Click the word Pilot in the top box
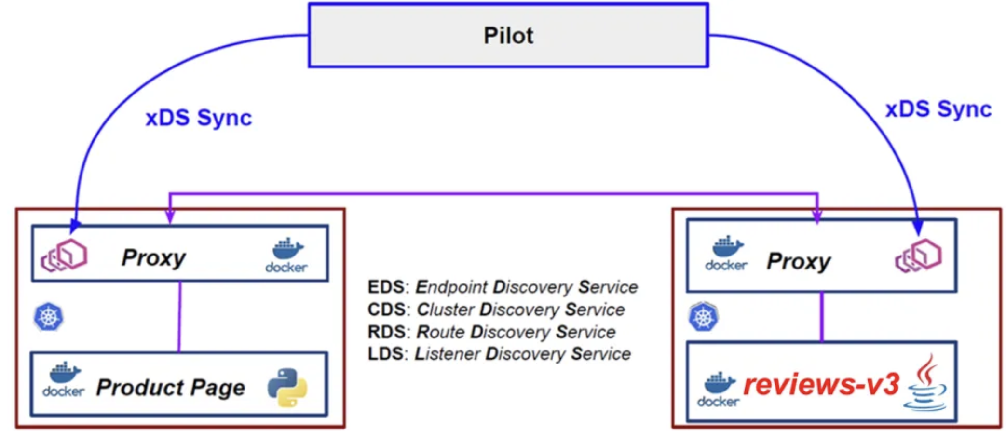(508, 36)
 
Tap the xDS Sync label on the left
(199, 118)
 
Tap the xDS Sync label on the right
(938, 109)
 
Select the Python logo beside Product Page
(287, 388)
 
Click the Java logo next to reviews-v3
(926, 383)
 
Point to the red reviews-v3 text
(821, 385)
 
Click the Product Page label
(171, 388)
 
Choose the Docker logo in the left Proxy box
(286, 256)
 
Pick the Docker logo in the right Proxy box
(726, 254)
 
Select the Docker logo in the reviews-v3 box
(719, 390)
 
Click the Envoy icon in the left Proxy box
(65, 256)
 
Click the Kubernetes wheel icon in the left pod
(49, 317)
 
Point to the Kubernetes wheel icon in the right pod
(703, 317)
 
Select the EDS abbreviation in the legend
(385, 287)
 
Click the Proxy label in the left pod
(153, 257)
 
